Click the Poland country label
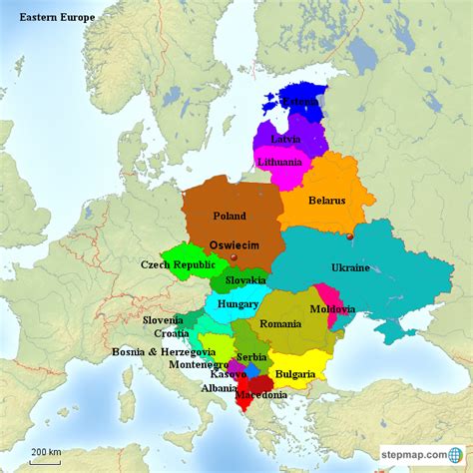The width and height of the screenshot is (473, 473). tap(230, 216)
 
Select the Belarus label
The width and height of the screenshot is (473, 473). tap(326, 201)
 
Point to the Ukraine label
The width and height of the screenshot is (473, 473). tap(350, 267)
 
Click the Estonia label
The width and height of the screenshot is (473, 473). tap(300, 102)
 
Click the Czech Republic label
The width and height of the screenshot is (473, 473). tap(178, 264)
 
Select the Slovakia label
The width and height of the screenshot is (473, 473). tap(245, 280)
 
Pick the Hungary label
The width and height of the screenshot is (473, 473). tap(237, 304)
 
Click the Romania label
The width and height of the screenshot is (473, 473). tap(280, 324)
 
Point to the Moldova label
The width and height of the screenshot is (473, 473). tap(332, 309)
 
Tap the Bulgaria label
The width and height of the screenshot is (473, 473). tap(294, 374)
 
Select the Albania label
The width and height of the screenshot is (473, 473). tap(219, 388)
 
